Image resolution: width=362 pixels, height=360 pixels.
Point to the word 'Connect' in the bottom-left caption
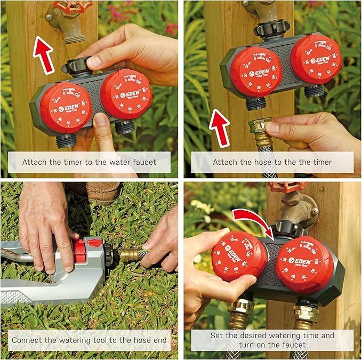point(28,340)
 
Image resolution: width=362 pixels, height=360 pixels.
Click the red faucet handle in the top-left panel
point(73,7)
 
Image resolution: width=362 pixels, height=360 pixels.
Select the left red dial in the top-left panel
point(66,107)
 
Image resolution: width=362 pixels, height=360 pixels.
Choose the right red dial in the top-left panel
point(126,94)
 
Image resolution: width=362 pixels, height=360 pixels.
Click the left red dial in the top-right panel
point(256,71)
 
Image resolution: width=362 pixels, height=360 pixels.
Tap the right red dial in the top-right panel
point(316,59)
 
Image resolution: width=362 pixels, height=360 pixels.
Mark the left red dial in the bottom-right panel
point(239,255)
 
